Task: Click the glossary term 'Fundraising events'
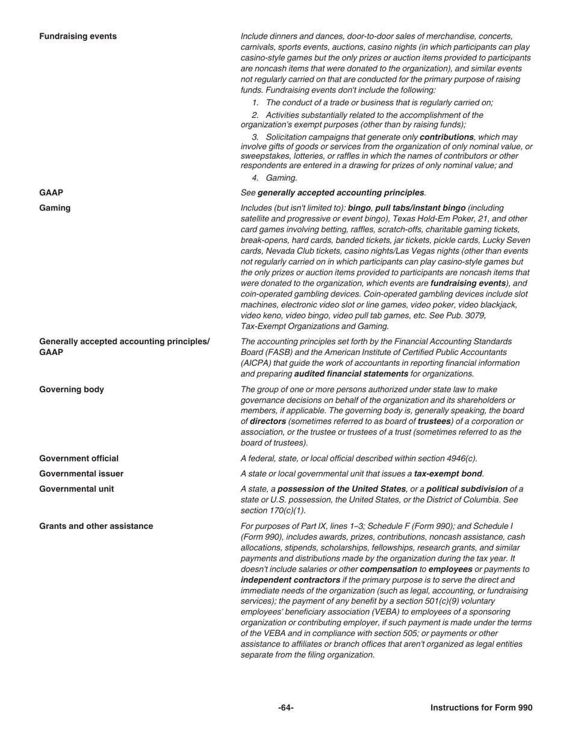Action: pos(78,36)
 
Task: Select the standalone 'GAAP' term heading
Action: pos(51,193)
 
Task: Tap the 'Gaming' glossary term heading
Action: pos(55,208)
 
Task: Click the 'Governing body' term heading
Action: pos(71,389)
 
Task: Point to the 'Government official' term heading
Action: pos(79,458)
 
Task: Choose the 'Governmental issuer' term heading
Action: pos(81,473)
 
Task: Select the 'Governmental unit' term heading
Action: pos(76,489)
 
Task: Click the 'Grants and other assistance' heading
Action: pos(96,526)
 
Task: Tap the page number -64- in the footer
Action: pos(286,708)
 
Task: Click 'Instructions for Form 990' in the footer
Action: pos(481,708)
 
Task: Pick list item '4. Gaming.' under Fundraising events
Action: pos(275,178)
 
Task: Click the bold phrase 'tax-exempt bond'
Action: pos(449,473)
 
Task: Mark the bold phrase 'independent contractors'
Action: pos(290,580)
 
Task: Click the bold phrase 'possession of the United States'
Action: pos(342,489)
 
